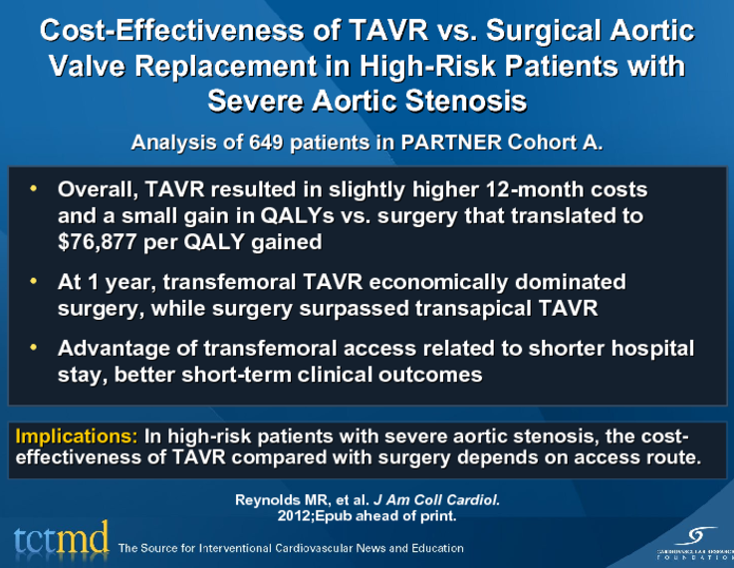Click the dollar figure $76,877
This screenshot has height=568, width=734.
click(x=97, y=242)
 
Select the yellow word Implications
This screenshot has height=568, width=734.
click(x=77, y=436)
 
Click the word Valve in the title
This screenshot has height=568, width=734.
click(x=87, y=66)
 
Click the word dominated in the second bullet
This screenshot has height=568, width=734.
click(x=570, y=282)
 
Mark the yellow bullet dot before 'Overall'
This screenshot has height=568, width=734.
click(x=33, y=188)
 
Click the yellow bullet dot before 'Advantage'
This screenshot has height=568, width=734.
click(x=33, y=348)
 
